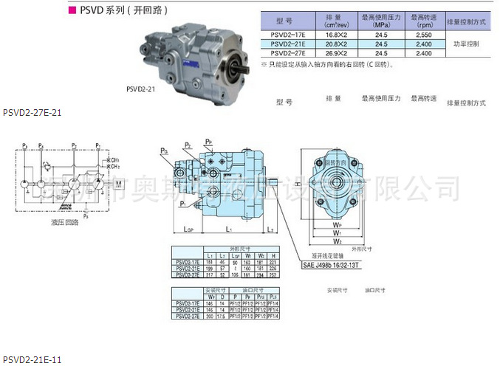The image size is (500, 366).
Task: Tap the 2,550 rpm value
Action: [424, 35]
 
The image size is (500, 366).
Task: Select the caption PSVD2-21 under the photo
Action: [139, 89]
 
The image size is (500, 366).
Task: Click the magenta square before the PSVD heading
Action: [71, 11]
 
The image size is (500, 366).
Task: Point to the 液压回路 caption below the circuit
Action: [66, 221]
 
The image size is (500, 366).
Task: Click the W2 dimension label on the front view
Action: [337, 241]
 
